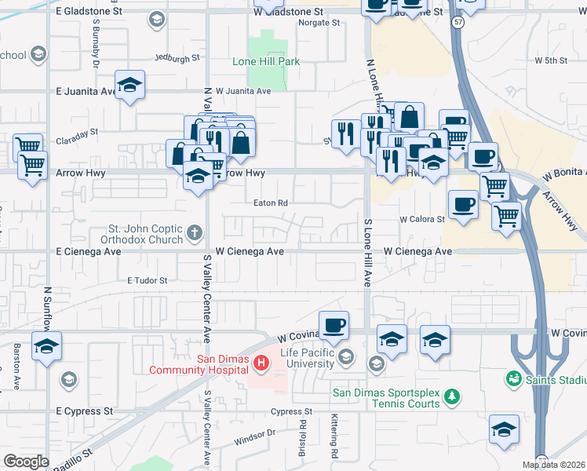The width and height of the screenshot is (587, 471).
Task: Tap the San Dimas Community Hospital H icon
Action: click(263, 363)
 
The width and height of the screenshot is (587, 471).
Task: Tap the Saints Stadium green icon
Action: click(514, 379)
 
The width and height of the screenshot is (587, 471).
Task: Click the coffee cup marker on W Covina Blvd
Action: click(334, 324)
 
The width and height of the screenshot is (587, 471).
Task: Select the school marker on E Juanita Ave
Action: click(129, 83)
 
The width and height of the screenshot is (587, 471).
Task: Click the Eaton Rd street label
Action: click(271, 203)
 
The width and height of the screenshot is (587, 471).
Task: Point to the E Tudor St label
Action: click(147, 280)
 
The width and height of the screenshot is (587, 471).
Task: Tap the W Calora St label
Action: click(422, 220)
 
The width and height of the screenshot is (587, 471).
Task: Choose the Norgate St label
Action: click(319, 23)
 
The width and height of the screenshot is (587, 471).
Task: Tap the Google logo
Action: click(26, 462)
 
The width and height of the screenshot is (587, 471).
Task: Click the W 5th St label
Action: click(551, 60)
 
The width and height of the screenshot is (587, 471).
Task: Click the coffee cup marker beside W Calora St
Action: click(463, 205)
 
